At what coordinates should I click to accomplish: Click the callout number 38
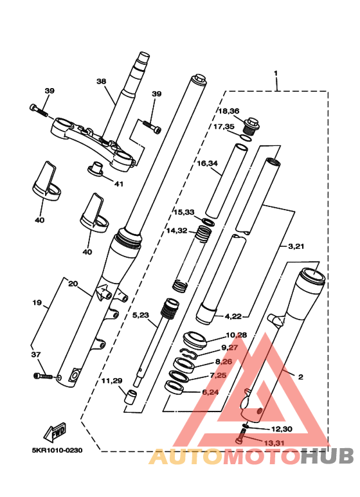tap(101, 82)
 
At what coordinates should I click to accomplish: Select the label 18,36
tap(227, 111)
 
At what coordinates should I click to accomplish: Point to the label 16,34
tap(208, 164)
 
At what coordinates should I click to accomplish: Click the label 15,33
tap(183, 212)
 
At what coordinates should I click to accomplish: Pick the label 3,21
tap(296, 246)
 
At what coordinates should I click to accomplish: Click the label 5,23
tap(141, 315)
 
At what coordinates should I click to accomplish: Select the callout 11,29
tap(112, 381)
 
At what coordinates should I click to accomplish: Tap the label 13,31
tap(273, 443)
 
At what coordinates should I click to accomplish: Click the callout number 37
tap(37, 354)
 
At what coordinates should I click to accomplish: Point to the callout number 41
tap(118, 184)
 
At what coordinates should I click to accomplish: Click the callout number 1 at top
tap(276, 73)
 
